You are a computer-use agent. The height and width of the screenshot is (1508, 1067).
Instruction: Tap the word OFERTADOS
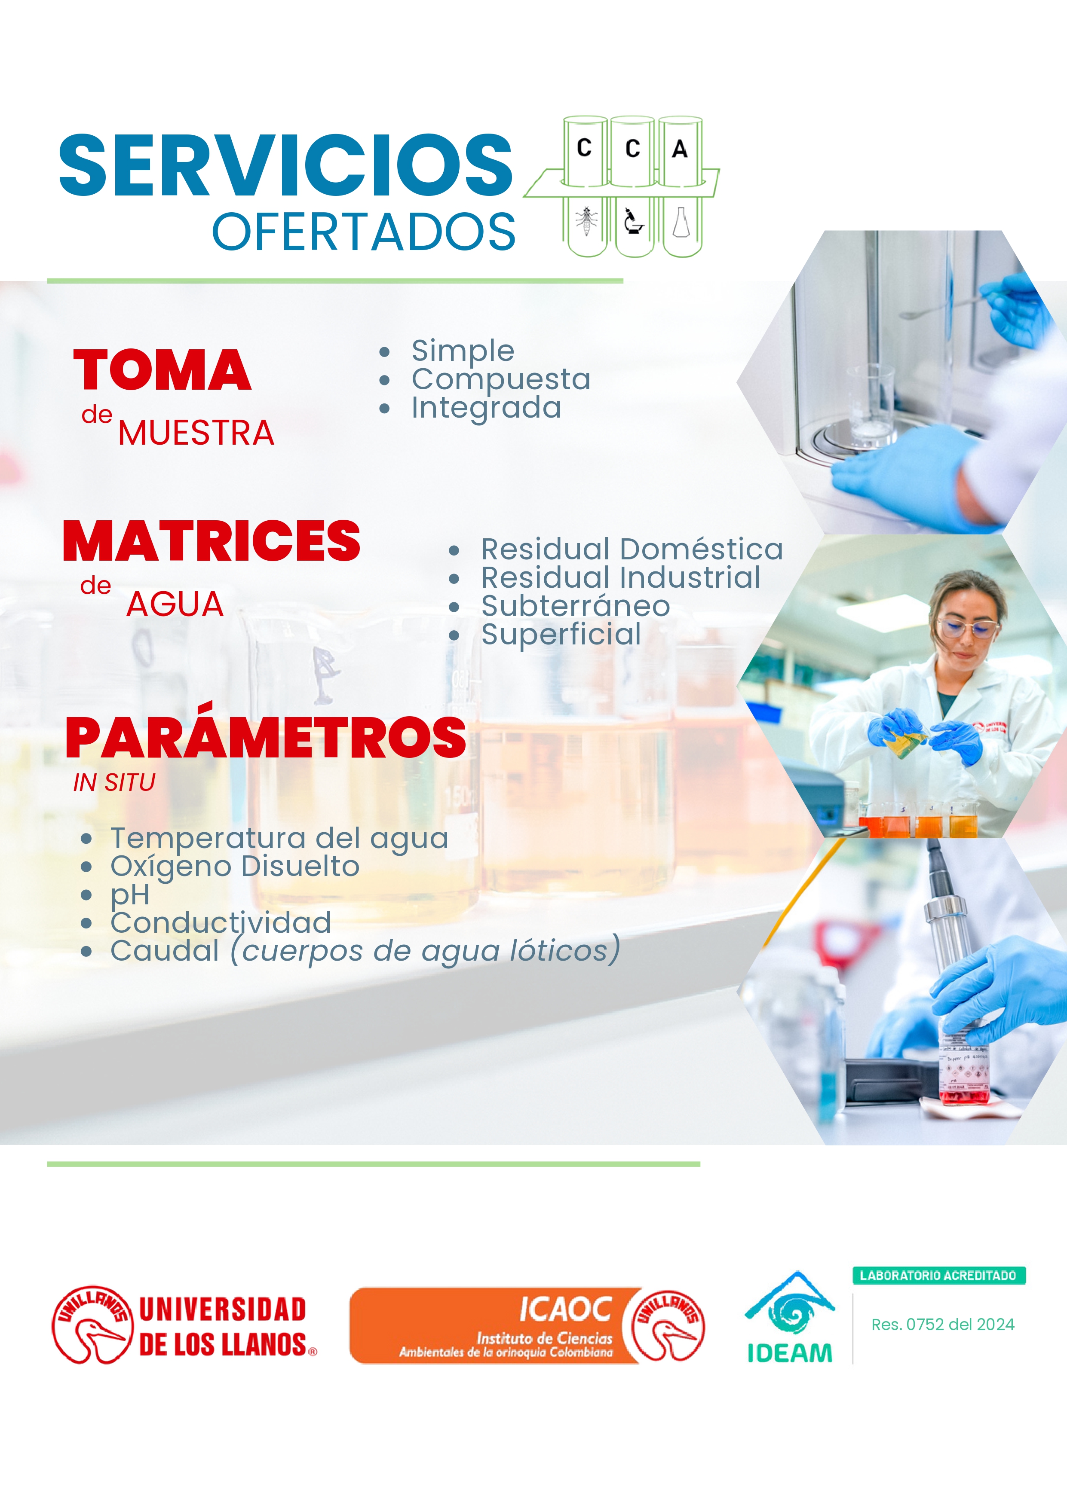point(363,232)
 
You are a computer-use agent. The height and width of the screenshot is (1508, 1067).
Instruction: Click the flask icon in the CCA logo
point(681,223)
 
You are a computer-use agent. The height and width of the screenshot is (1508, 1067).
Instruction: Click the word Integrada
point(486,407)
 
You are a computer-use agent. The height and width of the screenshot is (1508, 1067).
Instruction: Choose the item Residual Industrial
point(620,577)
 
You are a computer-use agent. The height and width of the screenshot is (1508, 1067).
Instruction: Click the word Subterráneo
point(576,606)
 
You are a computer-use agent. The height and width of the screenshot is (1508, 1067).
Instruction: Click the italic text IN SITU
point(114,782)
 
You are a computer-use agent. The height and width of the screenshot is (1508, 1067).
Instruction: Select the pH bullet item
point(130,894)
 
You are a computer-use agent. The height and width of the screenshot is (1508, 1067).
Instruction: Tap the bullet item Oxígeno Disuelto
point(235,866)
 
